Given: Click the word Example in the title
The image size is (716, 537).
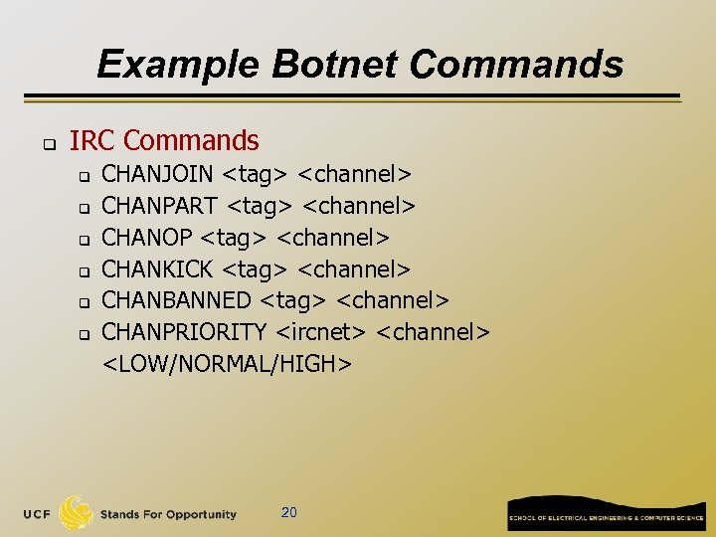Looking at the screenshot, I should [176, 65].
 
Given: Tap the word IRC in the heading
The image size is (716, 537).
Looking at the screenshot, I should [92, 141].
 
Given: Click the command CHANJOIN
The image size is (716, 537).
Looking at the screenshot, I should [158, 174].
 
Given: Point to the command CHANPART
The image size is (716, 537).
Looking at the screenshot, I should [161, 206].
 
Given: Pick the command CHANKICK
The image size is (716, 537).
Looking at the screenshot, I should [158, 268].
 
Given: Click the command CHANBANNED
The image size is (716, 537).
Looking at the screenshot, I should [177, 300].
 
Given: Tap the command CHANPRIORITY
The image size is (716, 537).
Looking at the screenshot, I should [185, 332].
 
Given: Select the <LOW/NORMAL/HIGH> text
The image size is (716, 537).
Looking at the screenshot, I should [228, 364].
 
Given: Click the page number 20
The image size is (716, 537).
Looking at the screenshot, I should [289, 512].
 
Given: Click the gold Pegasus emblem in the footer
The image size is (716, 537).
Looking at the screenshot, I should [77, 512].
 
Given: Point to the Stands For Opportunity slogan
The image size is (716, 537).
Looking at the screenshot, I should [168, 514].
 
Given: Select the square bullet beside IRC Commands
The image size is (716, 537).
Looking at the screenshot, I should [47, 143].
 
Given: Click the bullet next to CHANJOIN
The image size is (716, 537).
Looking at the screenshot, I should [85, 177].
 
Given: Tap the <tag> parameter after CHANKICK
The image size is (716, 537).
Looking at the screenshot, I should [256, 268].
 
